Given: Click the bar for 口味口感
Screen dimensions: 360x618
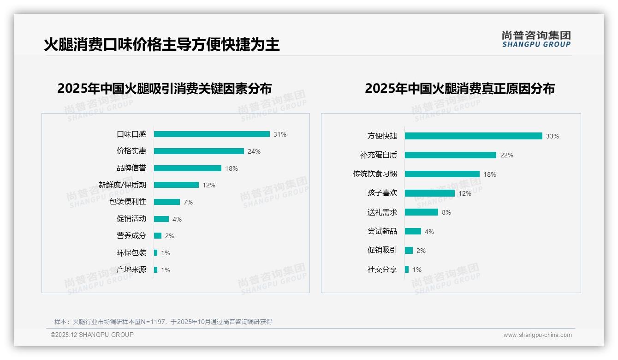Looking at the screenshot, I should [x=212, y=134].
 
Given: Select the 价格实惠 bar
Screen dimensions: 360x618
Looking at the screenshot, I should [x=199, y=151].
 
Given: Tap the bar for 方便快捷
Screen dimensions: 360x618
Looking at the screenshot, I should [x=473, y=136].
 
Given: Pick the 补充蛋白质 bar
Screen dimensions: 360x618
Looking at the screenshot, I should [x=450, y=155].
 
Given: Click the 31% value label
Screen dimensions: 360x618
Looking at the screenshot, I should [x=280, y=134].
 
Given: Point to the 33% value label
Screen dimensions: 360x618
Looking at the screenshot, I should [x=553, y=136].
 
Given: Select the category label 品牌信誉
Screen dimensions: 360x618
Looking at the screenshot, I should [x=131, y=168].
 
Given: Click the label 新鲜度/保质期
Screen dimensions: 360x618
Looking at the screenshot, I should [x=123, y=185].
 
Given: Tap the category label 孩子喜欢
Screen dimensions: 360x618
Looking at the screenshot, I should [x=382, y=193].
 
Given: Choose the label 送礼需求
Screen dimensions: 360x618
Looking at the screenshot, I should [x=382, y=212].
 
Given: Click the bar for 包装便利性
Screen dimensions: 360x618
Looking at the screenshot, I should [x=167, y=202].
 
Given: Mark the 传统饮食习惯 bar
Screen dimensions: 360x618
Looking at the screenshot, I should [x=442, y=174].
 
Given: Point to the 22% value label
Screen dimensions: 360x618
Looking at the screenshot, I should [x=507, y=155].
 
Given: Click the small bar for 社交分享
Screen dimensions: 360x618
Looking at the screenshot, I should [x=407, y=269].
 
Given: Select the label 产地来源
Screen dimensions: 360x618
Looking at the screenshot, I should [x=131, y=270].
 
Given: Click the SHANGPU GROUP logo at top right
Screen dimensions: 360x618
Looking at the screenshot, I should [x=536, y=39].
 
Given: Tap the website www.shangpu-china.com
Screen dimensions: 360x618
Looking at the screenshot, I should [x=537, y=335].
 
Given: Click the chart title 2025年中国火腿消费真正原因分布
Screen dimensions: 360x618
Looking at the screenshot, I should [x=460, y=89].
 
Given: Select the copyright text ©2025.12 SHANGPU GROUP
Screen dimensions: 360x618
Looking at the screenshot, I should [x=92, y=335].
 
